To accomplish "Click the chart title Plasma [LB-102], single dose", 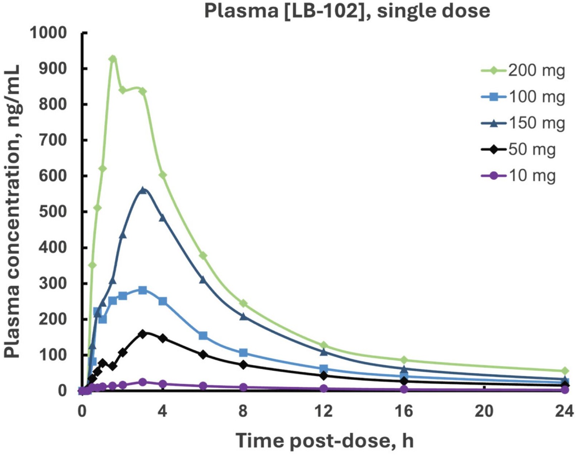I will point(347,11).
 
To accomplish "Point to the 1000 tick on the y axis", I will point(48,33).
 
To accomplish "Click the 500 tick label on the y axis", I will point(53,212).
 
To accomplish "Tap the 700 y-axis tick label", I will point(53,140).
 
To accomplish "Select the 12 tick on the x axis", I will point(324,412).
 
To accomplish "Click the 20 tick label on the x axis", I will point(484,412).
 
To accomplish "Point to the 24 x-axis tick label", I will point(564,412).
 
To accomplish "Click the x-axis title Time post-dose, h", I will point(324,441).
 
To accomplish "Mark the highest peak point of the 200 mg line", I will point(113,59).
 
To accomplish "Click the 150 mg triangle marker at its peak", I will point(143,190).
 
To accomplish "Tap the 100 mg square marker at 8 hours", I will point(243,353).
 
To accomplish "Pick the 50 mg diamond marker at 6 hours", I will point(203,355).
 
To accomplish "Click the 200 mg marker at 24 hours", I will point(565,371).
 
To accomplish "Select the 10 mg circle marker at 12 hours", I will point(324,389).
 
